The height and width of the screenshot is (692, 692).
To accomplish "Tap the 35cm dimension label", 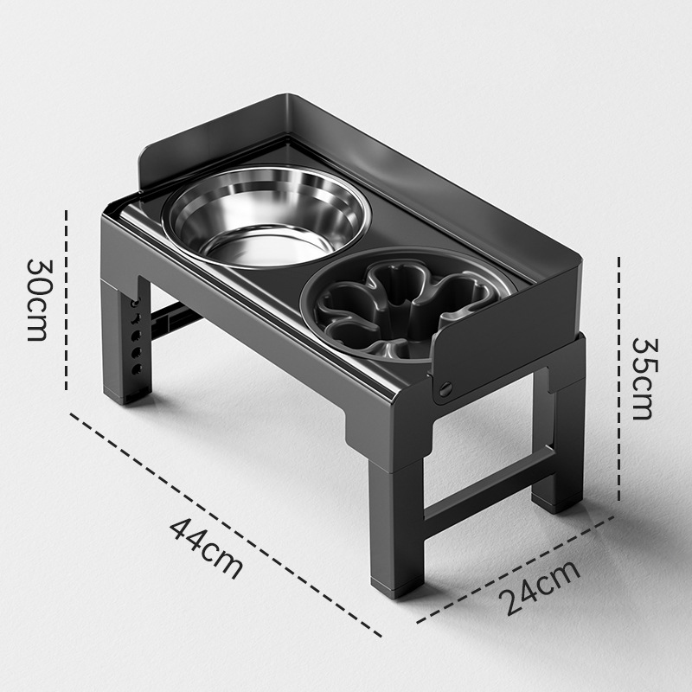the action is tap(643, 379).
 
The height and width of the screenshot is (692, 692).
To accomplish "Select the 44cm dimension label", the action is tap(207, 548).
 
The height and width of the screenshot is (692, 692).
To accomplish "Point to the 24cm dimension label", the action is tap(539, 587).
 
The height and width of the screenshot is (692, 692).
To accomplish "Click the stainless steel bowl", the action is tap(266, 217).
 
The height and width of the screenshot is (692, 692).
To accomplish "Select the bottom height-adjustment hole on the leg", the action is tap(138, 368).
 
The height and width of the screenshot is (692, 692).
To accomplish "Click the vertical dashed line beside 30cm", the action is tap(67, 300).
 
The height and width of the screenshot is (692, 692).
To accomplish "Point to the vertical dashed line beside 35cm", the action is tap(618, 379).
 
